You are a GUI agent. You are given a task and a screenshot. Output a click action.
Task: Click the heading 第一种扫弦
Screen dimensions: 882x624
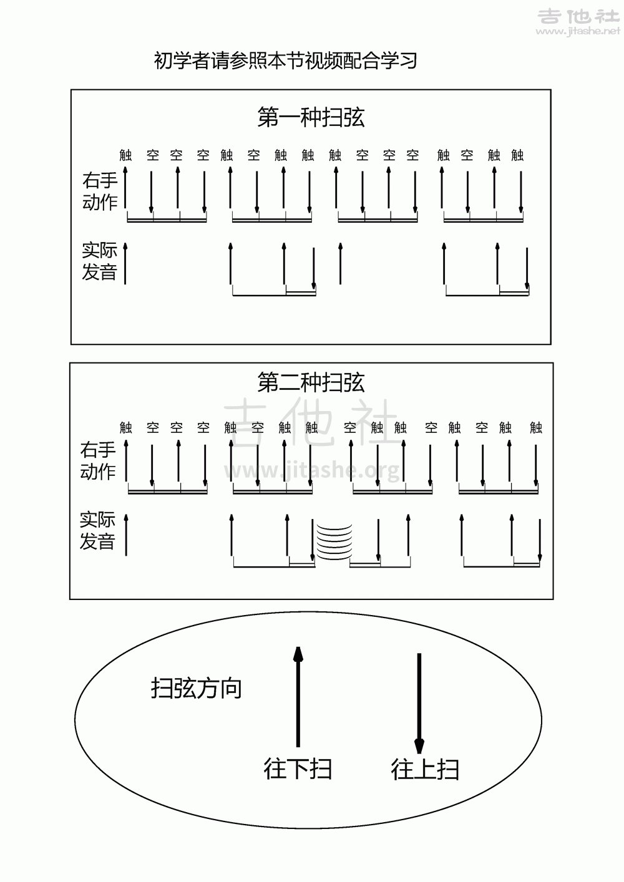coord(311,117)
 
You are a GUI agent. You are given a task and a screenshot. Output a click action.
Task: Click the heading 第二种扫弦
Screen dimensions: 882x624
coord(311,382)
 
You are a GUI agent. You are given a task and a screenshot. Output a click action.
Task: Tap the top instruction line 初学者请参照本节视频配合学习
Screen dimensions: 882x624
coord(285,61)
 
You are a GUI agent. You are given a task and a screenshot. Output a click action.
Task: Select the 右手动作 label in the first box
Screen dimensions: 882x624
coord(100,191)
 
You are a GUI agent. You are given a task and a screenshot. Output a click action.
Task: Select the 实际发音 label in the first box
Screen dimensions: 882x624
coord(100,261)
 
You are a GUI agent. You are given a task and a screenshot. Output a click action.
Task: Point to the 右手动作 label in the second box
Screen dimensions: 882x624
coord(99,460)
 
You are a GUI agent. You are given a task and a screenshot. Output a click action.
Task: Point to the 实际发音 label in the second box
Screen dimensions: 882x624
coord(98,531)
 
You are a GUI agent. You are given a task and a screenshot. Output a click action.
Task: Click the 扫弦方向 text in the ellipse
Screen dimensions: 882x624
coord(197,688)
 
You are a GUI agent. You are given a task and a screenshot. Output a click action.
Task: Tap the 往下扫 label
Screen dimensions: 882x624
coord(298,768)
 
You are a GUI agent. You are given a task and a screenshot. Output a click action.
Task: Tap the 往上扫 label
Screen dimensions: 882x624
coord(425,768)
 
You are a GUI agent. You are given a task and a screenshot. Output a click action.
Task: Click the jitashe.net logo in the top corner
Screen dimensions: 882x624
coord(578,22)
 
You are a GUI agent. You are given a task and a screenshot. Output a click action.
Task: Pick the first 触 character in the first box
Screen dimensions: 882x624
coord(126,155)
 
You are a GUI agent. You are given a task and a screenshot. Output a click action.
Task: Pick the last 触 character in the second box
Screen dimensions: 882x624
coord(536,427)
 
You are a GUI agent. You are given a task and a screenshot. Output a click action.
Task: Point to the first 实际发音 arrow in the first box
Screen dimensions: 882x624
coord(125,264)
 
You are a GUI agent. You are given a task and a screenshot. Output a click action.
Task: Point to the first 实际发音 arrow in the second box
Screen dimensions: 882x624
coord(126,535)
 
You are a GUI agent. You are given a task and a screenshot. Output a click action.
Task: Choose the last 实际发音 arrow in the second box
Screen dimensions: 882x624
coord(540,540)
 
